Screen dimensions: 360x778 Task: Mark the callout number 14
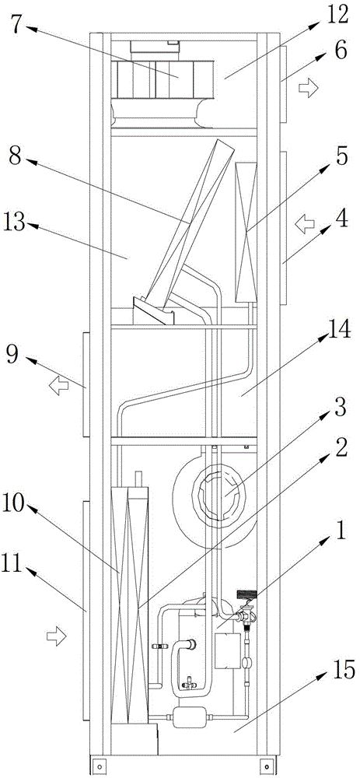[x=340, y=329]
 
